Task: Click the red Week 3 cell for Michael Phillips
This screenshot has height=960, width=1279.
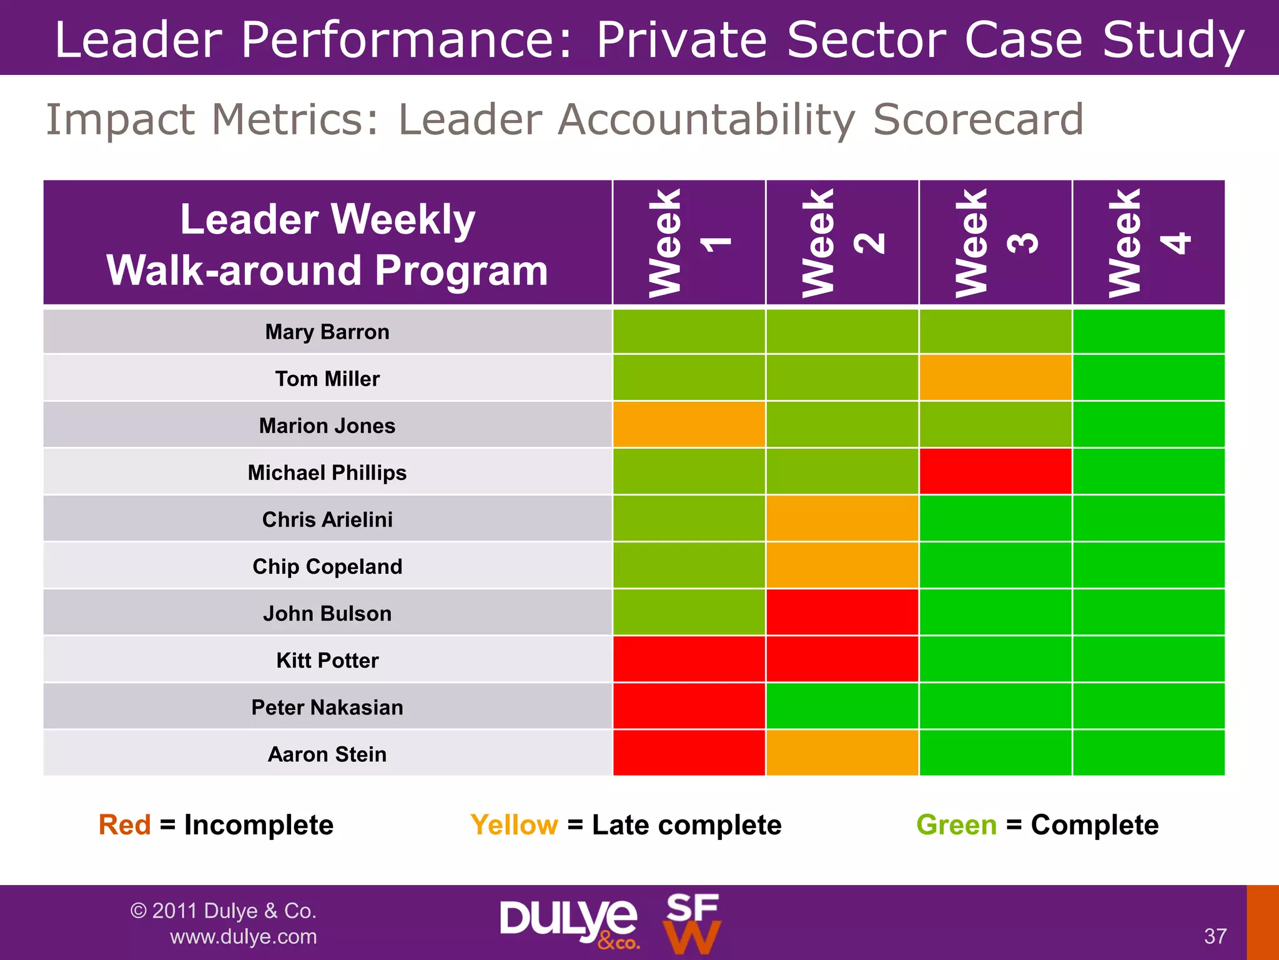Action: click(x=995, y=471)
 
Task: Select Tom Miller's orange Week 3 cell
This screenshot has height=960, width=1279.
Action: click(x=995, y=377)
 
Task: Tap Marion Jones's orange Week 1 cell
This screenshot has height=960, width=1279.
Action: click(x=689, y=424)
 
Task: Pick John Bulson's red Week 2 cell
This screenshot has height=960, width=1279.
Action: click(x=842, y=612)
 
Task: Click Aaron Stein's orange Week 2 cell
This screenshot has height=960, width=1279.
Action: click(x=842, y=752)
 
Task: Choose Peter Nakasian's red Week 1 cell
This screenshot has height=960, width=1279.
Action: click(x=689, y=706)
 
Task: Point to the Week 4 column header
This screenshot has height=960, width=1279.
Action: click(x=1148, y=242)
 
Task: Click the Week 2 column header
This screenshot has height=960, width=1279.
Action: click(x=842, y=242)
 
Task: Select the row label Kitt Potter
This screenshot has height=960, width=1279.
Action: click(x=327, y=660)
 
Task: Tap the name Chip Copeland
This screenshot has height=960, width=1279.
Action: click(x=327, y=566)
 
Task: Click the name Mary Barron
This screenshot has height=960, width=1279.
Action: click(x=327, y=332)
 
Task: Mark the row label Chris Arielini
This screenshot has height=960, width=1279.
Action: click(x=327, y=519)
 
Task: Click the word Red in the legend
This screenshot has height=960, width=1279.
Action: click(x=125, y=825)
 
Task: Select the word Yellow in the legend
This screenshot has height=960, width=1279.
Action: click(x=514, y=825)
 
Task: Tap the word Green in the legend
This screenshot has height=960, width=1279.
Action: click(x=956, y=825)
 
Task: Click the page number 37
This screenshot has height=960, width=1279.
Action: click(x=1215, y=936)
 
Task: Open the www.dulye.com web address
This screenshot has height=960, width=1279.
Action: click(x=243, y=936)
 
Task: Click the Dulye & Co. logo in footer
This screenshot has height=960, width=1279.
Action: click(x=568, y=921)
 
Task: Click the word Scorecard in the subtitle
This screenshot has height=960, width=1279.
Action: click(x=978, y=119)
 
